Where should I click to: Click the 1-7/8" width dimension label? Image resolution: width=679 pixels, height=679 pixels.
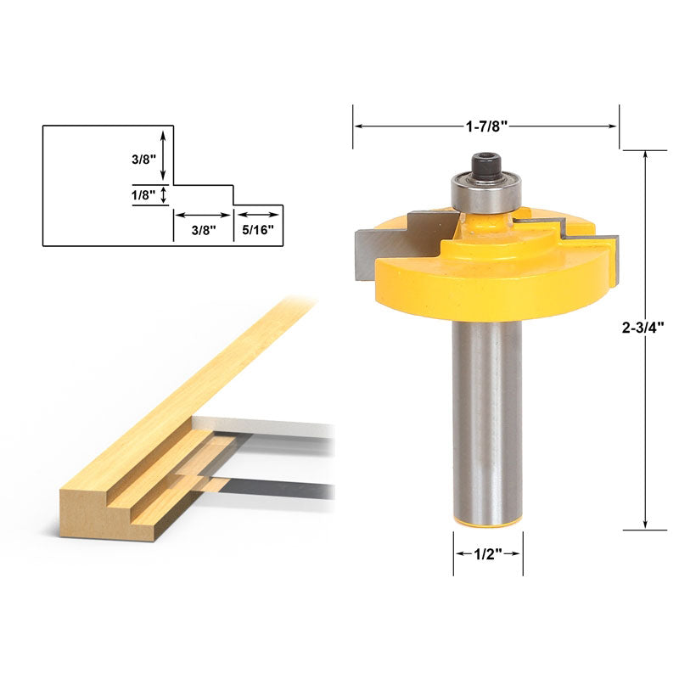point(486,126)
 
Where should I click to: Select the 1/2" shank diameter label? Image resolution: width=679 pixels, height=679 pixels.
point(486,553)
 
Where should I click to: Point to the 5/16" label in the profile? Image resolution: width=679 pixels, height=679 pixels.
point(258,229)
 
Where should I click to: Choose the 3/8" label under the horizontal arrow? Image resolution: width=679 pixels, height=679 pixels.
point(203,229)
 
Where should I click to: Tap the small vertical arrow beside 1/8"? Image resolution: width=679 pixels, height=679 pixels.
point(164,195)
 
